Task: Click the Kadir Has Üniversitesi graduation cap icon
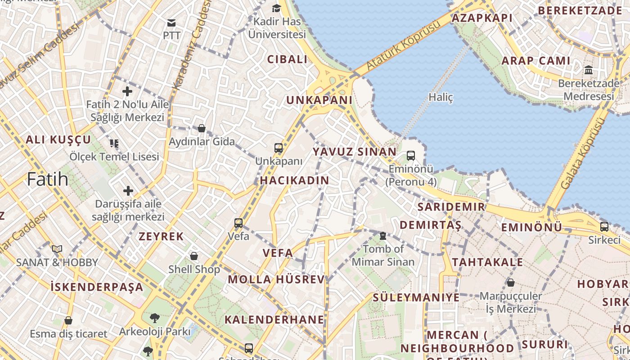[276, 8]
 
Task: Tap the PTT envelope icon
[171, 23]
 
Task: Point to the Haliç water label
[441, 97]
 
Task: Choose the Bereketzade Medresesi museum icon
[588, 70]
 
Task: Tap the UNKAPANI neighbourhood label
[319, 100]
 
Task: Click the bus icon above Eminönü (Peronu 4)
[411, 156]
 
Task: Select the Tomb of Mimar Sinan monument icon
[383, 235]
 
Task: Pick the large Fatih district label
[48, 180]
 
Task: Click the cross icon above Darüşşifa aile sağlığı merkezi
[128, 191]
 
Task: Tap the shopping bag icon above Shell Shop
[194, 256]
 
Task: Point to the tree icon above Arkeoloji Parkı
[154, 318]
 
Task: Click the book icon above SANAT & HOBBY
[57, 249]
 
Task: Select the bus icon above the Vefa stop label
[238, 223]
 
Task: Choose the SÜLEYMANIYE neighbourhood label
[416, 297]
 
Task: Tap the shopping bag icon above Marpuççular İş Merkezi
[511, 283]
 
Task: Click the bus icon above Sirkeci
[604, 226]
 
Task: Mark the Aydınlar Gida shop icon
[202, 129]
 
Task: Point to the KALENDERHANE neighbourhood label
[274, 320]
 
